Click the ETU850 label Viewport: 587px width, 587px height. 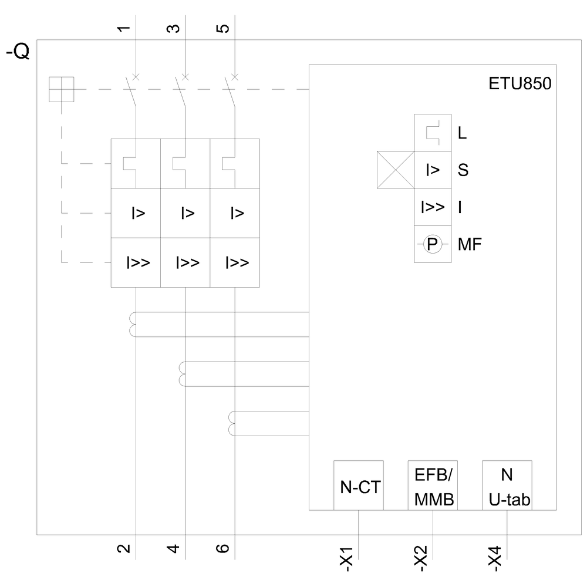pos(519,84)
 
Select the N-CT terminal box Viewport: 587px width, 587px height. pos(359,485)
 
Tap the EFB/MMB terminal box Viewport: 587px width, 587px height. pos(433,485)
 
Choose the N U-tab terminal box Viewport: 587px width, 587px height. pos(507,485)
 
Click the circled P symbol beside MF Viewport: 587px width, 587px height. pos(433,244)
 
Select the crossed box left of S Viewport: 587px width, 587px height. pos(396,170)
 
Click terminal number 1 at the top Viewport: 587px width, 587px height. pos(124,28)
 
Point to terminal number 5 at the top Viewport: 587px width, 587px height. pos(222,28)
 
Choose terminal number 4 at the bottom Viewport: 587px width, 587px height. pos(173,549)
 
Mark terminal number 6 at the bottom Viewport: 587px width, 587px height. pos(222,549)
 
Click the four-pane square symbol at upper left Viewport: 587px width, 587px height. pos(62,90)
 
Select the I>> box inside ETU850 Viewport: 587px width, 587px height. pos(433,207)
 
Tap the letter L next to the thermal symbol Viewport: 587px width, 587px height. pos(463,133)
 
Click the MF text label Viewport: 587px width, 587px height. pos(470,244)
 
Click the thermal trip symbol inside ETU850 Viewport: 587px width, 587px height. pos(433,133)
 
